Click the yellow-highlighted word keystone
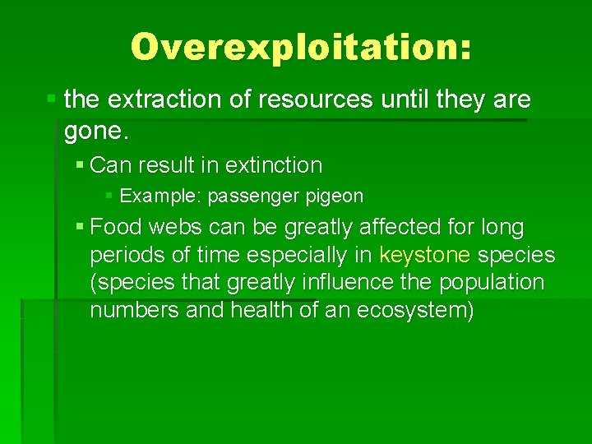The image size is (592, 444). point(425,255)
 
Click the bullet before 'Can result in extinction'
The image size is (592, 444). point(80,165)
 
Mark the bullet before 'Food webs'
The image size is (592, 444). point(80,226)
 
